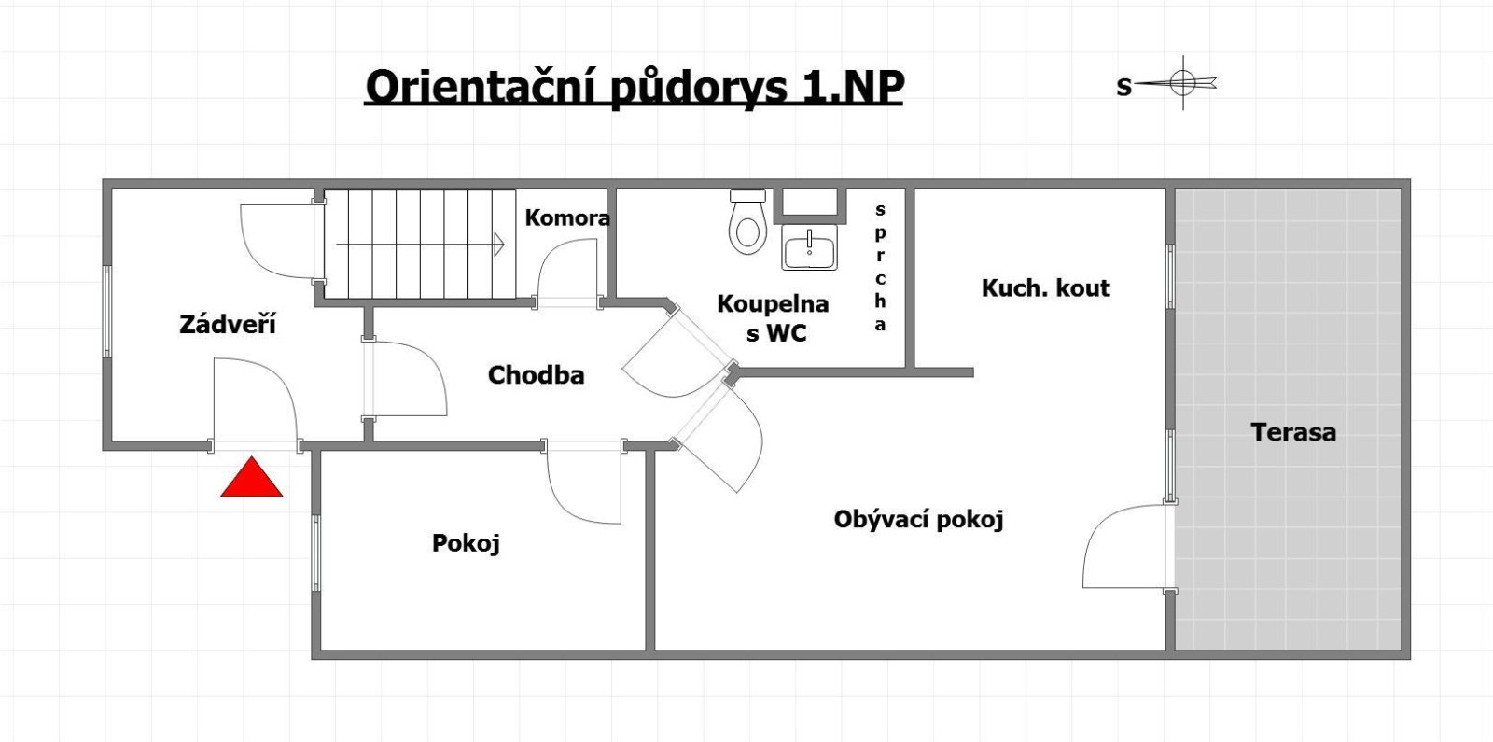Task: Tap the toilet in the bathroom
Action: click(747, 221)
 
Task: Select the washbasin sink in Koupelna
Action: click(809, 247)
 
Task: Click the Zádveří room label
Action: click(228, 324)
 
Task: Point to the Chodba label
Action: click(536, 374)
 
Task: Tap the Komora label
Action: click(567, 218)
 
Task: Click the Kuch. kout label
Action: click(1046, 288)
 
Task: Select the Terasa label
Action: click(1293, 432)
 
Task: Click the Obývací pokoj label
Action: click(918, 519)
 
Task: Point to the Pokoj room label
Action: click(466, 543)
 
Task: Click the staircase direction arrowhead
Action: click(499, 244)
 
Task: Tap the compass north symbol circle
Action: click(1183, 83)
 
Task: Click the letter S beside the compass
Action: click(1123, 87)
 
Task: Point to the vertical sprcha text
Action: click(881, 267)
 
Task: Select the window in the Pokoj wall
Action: click(316, 553)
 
